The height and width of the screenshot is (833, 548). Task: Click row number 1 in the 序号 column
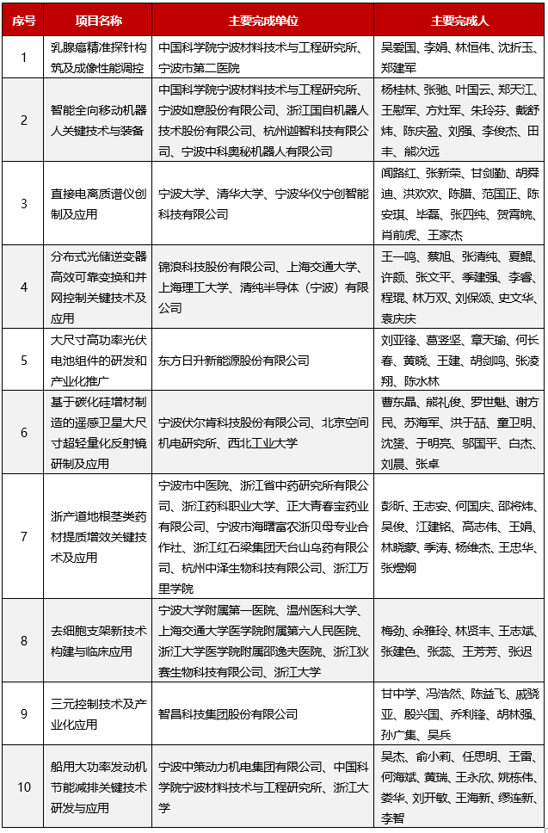pyautogui.click(x=24, y=58)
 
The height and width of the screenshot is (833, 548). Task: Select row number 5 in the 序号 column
pyautogui.click(x=24, y=361)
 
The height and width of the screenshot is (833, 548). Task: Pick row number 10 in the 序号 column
pyautogui.click(x=24, y=786)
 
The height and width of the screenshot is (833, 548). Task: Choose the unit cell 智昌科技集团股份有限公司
pyautogui.click(x=228, y=714)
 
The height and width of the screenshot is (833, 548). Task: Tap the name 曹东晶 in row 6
pyautogui.click(x=397, y=402)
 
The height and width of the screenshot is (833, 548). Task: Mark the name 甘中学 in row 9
pyautogui.click(x=397, y=694)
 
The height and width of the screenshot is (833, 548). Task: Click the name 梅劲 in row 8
pyautogui.click(x=392, y=609)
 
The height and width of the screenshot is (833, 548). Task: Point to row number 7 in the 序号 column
pyautogui.click(x=24, y=535)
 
